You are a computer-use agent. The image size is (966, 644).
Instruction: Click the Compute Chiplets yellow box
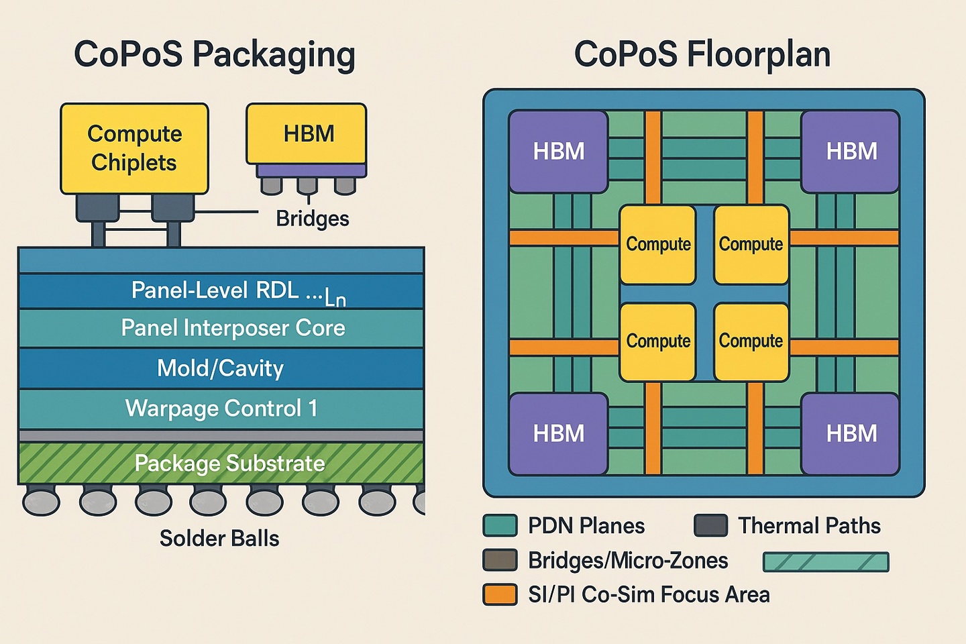point(134,148)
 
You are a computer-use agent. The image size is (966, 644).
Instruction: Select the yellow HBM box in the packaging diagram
point(307,134)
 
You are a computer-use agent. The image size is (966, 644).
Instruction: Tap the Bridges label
point(313,219)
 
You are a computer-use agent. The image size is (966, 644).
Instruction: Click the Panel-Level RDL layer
point(221,291)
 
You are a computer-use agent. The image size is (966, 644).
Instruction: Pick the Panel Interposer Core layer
point(221,328)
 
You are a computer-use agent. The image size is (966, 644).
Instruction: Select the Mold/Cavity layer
point(221,368)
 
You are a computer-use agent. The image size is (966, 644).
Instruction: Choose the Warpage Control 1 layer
point(221,409)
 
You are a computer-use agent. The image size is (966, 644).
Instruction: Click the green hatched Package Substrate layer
point(221,463)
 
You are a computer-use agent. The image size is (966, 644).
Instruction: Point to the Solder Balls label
point(219,539)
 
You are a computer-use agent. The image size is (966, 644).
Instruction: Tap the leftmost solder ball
point(41,501)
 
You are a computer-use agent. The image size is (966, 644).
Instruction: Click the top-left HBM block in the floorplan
point(559,152)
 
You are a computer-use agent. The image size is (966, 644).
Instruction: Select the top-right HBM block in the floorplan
point(851,152)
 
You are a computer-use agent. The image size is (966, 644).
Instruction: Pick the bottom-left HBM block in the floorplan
point(559,434)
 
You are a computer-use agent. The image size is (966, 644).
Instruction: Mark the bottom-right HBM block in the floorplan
point(851,434)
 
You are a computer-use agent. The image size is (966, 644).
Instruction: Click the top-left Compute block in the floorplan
point(658,245)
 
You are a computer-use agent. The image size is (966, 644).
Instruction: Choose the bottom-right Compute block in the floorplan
point(751,341)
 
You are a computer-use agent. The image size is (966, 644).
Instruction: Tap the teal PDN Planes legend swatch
point(500,526)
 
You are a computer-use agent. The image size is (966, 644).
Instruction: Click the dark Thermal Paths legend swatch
point(711,526)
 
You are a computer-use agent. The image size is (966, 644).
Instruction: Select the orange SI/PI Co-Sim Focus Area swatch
point(500,595)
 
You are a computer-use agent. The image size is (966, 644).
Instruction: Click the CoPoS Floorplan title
point(702,54)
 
